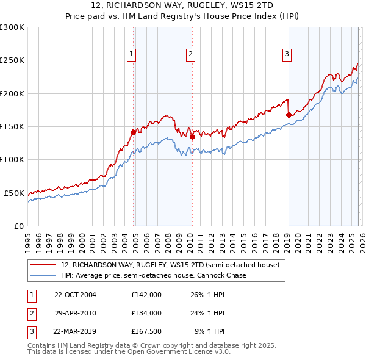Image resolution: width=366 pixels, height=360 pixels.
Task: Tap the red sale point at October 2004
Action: point(133,131)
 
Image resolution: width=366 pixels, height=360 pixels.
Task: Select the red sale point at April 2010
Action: point(192,137)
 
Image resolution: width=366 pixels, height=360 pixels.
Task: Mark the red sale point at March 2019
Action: point(288,114)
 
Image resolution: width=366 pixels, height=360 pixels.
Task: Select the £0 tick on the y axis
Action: point(18,226)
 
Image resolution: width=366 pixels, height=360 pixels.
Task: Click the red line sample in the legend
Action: point(43,265)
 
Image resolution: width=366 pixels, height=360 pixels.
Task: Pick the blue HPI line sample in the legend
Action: point(43,275)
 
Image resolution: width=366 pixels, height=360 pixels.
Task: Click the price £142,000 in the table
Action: point(146,295)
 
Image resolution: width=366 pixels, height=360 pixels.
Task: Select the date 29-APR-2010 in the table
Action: point(75,313)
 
